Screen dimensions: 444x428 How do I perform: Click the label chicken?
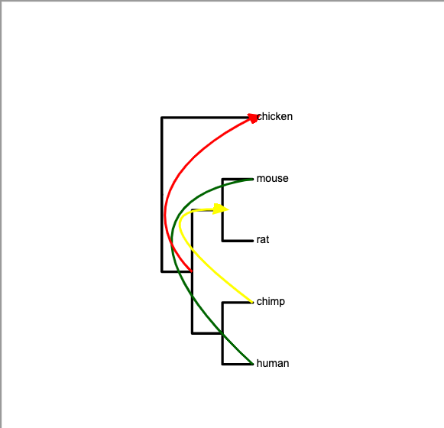click(x=274, y=116)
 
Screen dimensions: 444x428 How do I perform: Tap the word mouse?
click(x=272, y=178)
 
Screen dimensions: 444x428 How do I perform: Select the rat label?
click(x=263, y=240)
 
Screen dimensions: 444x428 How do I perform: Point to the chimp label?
click(x=271, y=301)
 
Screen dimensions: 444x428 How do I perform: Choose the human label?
click(x=273, y=363)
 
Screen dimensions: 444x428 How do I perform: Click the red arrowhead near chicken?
click(x=253, y=118)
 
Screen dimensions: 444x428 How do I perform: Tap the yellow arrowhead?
click(x=220, y=209)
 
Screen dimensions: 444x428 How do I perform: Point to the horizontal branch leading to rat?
click(x=238, y=241)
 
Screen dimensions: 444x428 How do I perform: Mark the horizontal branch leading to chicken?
click(x=206, y=117)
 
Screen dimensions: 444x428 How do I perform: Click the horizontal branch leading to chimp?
click(x=238, y=303)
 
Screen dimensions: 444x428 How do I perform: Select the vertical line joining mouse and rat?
click(x=223, y=210)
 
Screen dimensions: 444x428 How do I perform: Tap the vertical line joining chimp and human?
click(x=223, y=333)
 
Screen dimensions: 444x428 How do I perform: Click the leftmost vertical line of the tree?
click(x=162, y=194)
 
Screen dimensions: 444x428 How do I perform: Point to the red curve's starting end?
click(x=192, y=271)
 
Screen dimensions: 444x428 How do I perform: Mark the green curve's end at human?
click(x=252, y=364)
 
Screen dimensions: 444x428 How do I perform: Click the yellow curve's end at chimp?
click(x=252, y=302)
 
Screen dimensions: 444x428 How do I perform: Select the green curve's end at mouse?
click(x=252, y=179)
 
